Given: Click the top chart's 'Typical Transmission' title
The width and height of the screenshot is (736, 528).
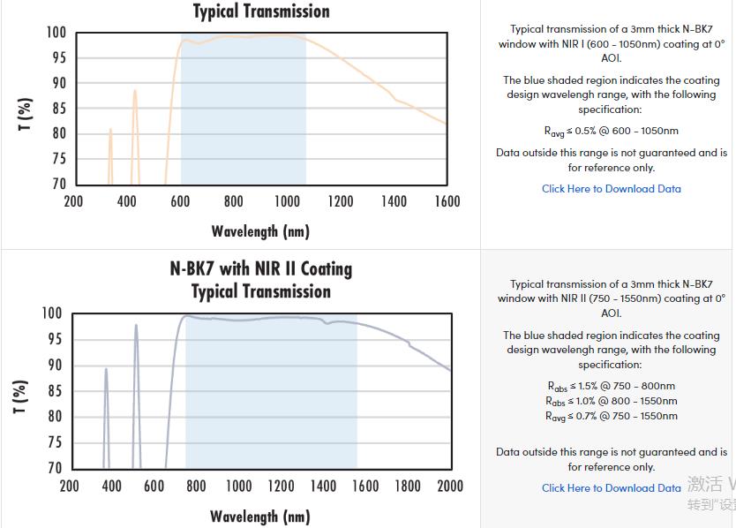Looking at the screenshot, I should point(261,11).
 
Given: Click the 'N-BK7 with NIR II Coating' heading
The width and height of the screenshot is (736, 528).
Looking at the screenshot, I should point(261,268).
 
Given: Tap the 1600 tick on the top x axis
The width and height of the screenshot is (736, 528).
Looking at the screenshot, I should point(447,201).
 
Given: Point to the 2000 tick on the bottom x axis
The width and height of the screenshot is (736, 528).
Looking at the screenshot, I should point(450,486).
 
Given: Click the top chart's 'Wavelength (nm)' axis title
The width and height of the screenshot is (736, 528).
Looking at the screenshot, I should point(260,231).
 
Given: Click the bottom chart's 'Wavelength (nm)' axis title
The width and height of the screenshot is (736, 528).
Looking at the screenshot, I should point(260,517).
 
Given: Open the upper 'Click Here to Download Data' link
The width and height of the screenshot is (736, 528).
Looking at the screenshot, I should point(612,189).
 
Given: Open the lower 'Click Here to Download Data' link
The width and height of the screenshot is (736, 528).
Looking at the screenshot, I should point(612,487).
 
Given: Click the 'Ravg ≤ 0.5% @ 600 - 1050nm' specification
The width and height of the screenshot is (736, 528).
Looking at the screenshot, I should point(612,131).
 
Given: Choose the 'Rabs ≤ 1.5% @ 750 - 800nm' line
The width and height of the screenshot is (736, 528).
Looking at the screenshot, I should point(612,386).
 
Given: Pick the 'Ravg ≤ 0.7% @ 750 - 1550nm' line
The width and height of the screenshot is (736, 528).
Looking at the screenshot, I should point(612,416).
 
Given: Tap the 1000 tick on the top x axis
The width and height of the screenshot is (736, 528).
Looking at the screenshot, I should point(287,201).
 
